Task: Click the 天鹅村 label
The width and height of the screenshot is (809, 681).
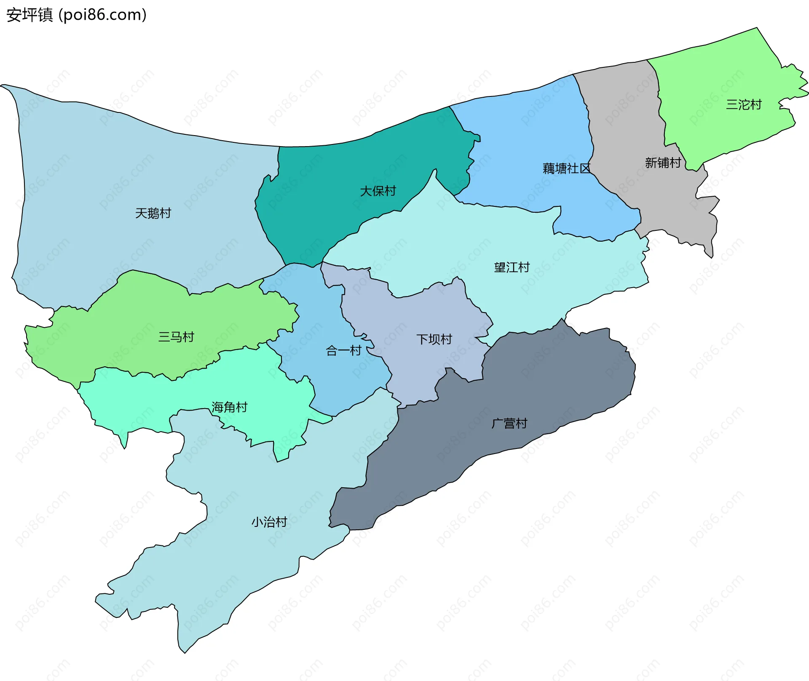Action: pos(153,213)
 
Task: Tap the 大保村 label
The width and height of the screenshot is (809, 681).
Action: pos(378,191)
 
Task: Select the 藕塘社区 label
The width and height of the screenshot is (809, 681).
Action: pos(566,168)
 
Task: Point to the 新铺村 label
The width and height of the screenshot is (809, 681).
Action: pos(663,163)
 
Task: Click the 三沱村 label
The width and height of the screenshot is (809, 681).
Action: pos(744,104)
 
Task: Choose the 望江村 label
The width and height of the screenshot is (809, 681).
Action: pos(512,267)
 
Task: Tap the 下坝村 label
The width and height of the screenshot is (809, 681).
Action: pos(434,339)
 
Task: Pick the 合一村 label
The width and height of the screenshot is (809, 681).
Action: pos(343,350)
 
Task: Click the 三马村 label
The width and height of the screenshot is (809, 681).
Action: pos(176,336)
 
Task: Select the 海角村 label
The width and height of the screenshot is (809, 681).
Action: pos(229,407)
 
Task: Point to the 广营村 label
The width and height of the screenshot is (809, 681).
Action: pos(509,423)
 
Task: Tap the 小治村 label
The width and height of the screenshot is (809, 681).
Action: pos(269,522)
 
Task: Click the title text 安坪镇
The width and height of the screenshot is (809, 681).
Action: pos(29,15)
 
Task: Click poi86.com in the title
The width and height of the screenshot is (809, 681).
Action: pos(102,15)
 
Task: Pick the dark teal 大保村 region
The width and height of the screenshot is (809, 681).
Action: pos(337,211)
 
